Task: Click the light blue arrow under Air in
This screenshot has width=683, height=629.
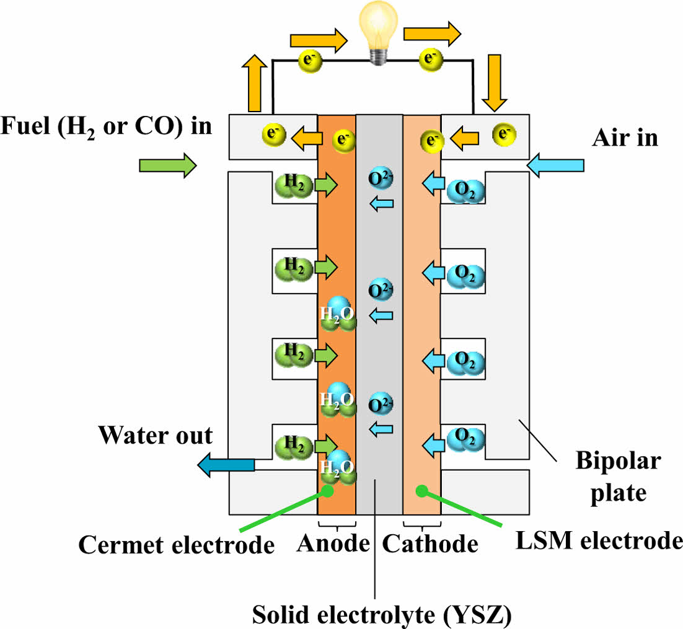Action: click(555, 165)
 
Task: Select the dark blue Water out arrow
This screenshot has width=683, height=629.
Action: click(226, 464)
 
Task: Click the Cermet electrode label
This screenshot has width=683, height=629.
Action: click(177, 545)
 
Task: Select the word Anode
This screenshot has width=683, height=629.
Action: click(333, 543)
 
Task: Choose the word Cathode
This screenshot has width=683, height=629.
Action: click(430, 543)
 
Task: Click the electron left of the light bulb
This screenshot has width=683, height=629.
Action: click(309, 59)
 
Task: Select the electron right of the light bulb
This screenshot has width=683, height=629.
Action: click(429, 59)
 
